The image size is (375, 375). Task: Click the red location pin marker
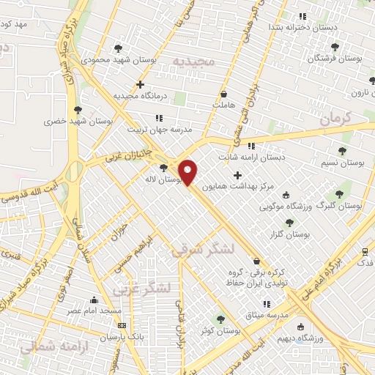click(188, 171)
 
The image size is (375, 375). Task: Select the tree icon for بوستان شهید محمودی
click(118, 48)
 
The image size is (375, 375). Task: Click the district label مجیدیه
click(195, 61)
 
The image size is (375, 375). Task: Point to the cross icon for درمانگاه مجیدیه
click(141, 84)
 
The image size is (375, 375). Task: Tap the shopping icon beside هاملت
click(223, 94)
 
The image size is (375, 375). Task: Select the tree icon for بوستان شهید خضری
click(77, 110)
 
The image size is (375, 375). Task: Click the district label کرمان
click(336, 117)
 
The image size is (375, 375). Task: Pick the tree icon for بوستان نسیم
click(342, 150)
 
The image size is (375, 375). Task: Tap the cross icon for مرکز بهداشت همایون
click(237, 175)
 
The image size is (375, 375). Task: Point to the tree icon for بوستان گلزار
click(289, 223)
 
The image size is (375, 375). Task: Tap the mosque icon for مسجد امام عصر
click(93, 300)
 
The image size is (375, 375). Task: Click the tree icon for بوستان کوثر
click(220, 319)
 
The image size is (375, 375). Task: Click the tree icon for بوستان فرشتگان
click(335, 46)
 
